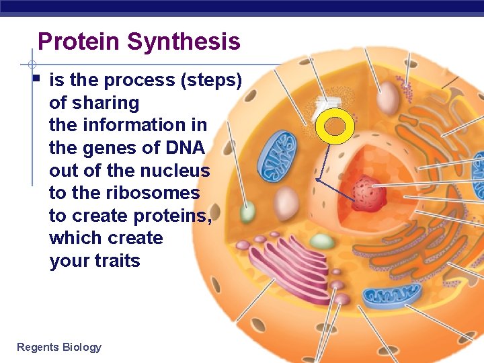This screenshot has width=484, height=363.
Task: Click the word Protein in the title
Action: [x=79, y=42]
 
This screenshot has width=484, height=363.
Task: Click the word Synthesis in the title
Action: [x=183, y=42]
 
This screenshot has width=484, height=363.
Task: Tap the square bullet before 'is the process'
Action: [x=37, y=79]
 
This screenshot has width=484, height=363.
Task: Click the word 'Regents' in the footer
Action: [x=38, y=347]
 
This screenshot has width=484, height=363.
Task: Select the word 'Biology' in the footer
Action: [x=81, y=347]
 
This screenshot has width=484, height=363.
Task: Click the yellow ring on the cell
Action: [x=334, y=126]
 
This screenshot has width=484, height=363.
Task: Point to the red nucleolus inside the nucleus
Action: [x=369, y=194]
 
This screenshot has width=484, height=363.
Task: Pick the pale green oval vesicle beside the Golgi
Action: [x=323, y=241]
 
